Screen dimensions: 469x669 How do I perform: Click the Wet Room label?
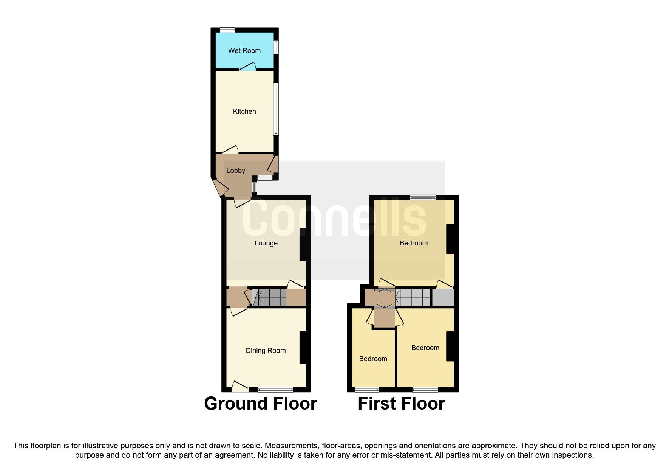(x=244, y=51)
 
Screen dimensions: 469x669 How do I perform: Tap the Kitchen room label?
(x=244, y=112)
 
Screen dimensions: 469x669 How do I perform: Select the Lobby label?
(x=235, y=171)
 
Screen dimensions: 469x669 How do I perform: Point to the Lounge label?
(x=266, y=243)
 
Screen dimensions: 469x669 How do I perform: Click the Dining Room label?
(x=266, y=351)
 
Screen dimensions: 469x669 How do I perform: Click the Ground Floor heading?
(x=260, y=404)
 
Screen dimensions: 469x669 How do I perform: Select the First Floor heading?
(x=401, y=404)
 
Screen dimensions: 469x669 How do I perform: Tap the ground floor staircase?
(x=269, y=297)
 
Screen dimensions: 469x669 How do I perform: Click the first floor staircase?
(x=413, y=297)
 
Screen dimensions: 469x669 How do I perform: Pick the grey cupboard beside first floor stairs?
(x=442, y=297)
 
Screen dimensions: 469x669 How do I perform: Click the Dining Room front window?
(x=275, y=390)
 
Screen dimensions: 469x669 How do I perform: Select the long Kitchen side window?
(x=276, y=109)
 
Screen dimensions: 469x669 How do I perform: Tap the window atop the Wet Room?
(x=227, y=30)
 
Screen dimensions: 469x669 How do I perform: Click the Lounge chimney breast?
(x=303, y=244)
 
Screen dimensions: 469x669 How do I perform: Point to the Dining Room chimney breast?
(x=303, y=348)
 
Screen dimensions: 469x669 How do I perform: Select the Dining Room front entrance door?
(x=239, y=387)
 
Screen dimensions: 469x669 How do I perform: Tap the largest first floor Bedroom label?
(x=414, y=243)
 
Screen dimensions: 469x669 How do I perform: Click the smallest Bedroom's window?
(x=367, y=390)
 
